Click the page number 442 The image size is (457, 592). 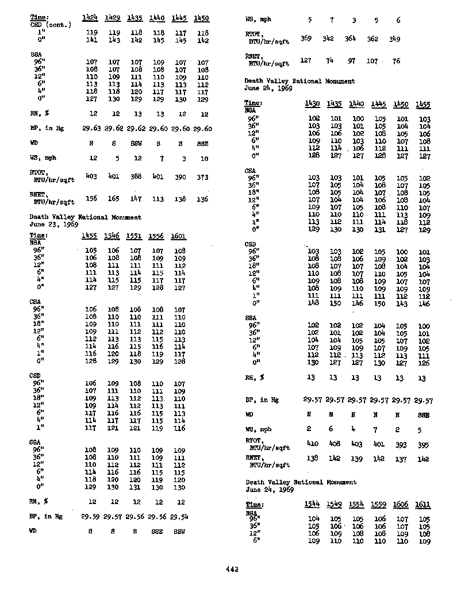coord(232,570)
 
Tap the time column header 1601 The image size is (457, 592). coord(179,235)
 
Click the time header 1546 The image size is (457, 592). coord(113,235)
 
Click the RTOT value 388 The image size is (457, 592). coord(136,177)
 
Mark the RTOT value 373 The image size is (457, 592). coord(202,177)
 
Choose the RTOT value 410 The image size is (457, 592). coord(312,444)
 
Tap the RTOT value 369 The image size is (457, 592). coord(308,39)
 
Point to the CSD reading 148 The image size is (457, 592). coord(313,303)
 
